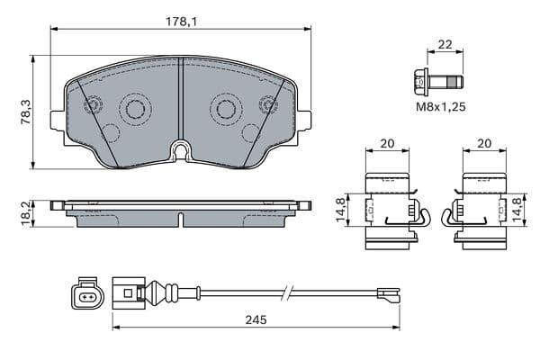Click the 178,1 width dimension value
[181, 22]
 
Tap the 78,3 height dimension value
[26, 112]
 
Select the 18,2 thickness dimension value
[26, 214]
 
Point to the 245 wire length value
[256, 319]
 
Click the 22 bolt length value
[445, 44]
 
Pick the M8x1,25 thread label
[441, 107]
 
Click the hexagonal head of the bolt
[420, 83]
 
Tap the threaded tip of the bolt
[455, 82]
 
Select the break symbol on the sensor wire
[288, 292]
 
